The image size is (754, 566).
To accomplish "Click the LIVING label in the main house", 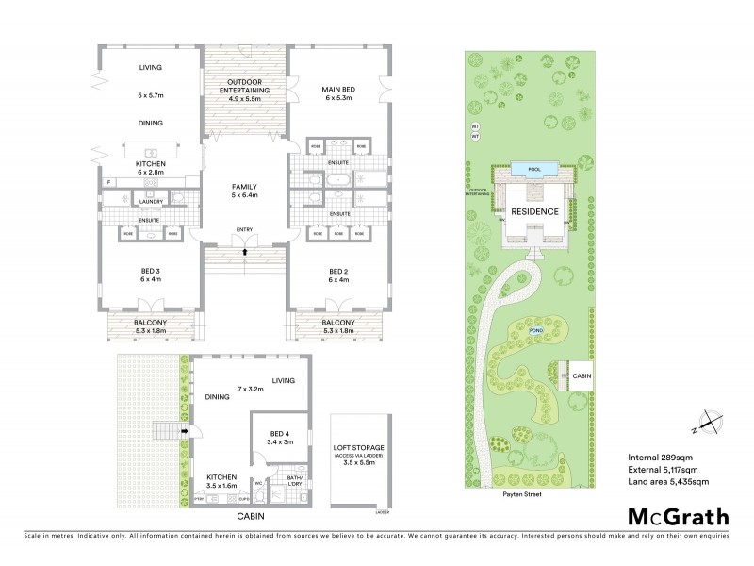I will click(x=151, y=68).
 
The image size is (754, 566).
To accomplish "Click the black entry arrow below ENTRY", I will click(x=245, y=252).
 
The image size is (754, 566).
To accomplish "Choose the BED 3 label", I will click(x=151, y=275).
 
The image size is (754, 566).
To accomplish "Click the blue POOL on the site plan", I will click(x=535, y=167).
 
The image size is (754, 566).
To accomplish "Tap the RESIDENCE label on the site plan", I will click(x=534, y=212).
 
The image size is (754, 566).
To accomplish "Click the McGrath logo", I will click(x=678, y=516).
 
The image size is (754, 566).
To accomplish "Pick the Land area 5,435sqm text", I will click(x=667, y=481).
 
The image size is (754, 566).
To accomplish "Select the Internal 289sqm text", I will click(x=659, y=458).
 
